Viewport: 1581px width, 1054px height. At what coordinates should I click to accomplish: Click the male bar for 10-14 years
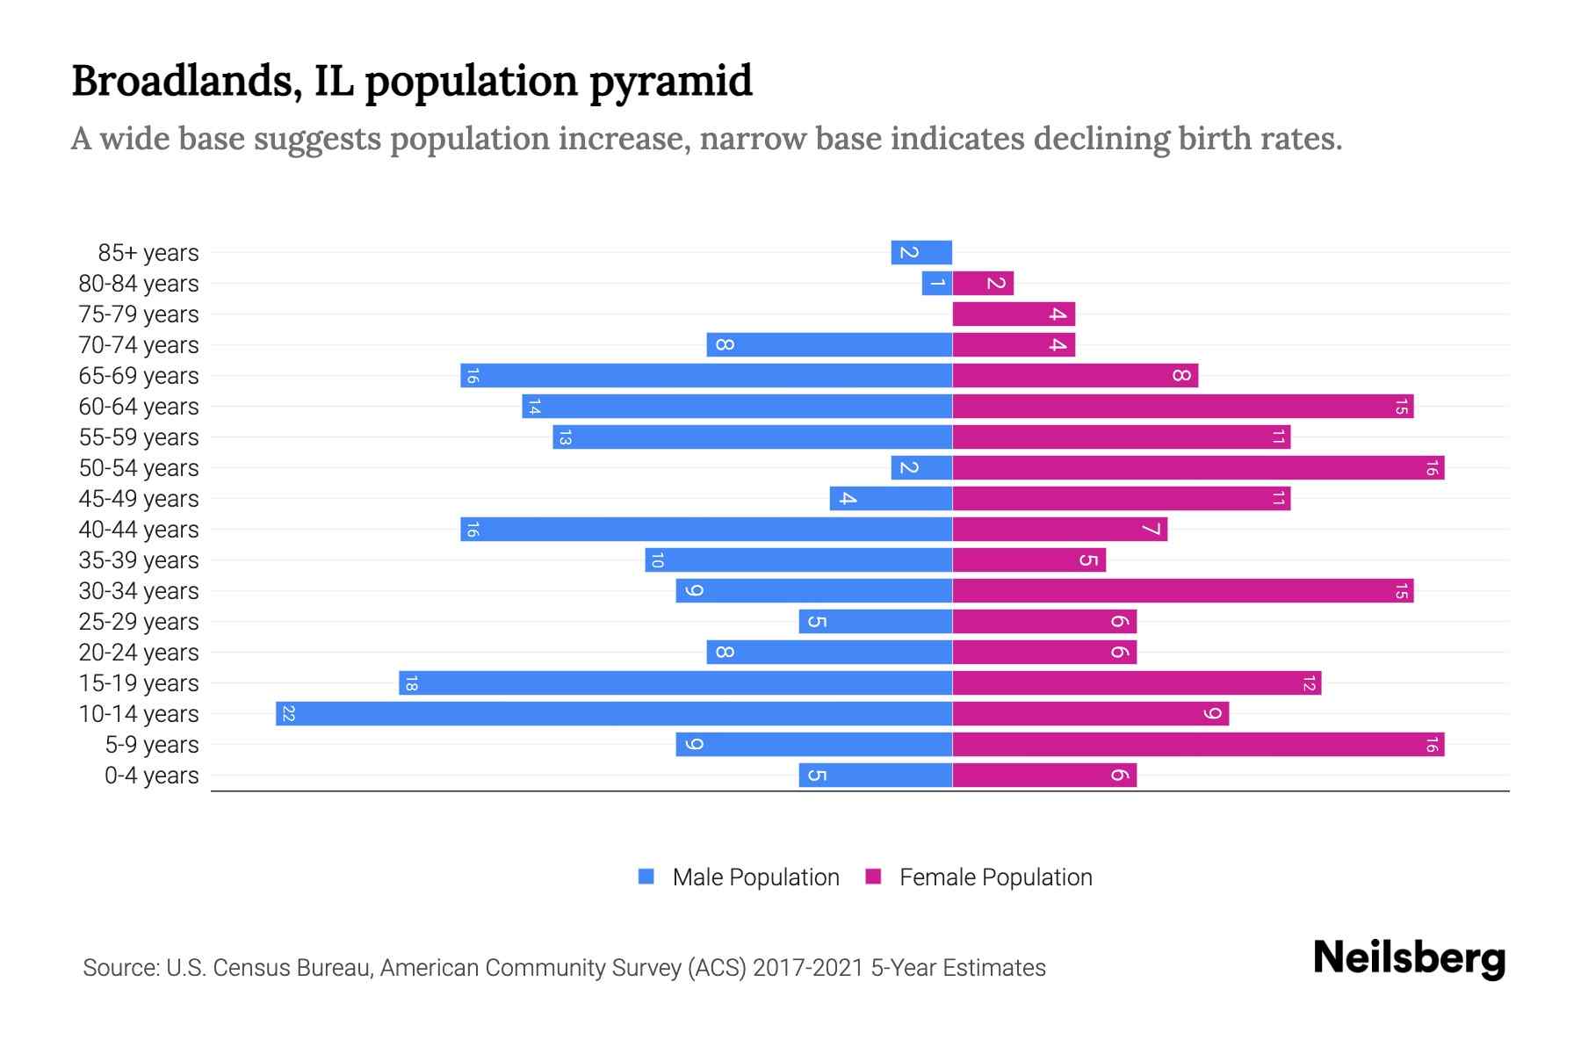click(614, 714)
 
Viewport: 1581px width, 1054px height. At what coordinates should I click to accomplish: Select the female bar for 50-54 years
click(1198, 468)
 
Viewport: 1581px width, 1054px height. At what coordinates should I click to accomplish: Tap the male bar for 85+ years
click(921, 253)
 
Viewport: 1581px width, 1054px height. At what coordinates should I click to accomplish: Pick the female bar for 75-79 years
click(1014, 314)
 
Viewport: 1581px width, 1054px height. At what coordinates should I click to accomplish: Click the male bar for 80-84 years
click(937, 284)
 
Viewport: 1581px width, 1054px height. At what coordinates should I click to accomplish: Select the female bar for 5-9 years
click(1198, 745)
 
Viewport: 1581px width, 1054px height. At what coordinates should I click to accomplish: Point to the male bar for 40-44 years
click(706, 530)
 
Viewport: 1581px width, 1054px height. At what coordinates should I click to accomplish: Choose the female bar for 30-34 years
click(1182, 591)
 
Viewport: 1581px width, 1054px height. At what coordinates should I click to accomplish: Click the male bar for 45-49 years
click(891, 499)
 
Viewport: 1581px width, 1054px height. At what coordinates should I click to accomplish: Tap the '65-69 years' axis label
click(139, 376)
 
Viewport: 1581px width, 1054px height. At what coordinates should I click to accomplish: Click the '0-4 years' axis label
click(151, 776)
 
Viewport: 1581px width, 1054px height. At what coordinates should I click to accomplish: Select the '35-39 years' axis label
click(139, 560)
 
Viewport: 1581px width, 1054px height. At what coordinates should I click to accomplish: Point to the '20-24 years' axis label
click(139, 653)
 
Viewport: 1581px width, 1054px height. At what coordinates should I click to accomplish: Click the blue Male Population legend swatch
click(646, 877)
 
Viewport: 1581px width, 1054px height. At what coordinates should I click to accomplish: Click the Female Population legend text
click(995, 877)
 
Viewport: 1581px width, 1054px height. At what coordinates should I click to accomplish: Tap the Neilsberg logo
click(1409, 958)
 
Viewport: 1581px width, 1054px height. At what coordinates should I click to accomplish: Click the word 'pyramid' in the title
click(670, 82)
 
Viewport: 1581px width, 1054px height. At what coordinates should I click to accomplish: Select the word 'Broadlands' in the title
click(180, 81)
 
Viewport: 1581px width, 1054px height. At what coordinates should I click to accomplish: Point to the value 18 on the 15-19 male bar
click(411, 683)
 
